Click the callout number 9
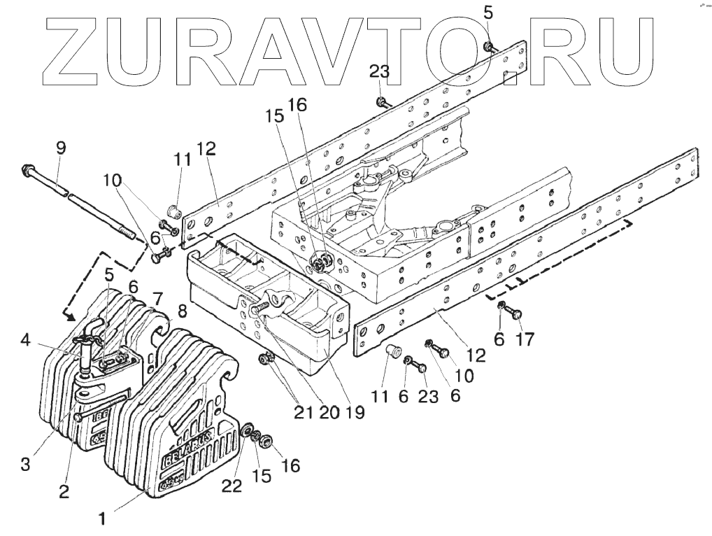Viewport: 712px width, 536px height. [61, 148]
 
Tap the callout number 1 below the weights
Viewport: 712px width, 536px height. [102, 519]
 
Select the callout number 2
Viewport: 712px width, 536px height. [64, 492]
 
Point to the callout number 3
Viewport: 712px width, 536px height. [25, 464]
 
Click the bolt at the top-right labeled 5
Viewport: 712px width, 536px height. [488, 47]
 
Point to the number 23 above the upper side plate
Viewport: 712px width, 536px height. [380, 73]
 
